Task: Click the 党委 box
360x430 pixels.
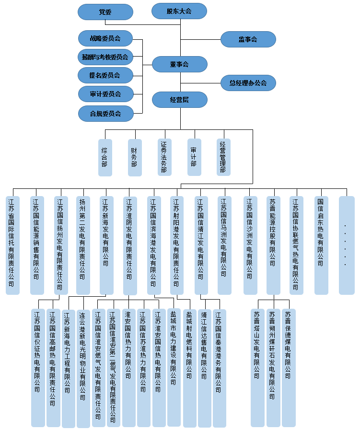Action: pyautogui.click(x=105, y=12)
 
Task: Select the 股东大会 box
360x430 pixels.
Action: pyautogui.click(x=179, y=11)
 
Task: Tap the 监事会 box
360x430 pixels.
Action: pyautogui.click(x=248, y=39)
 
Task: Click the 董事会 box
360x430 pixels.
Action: pyautogui.click(x=179, y=64)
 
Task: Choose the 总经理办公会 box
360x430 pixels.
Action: pyautogui.click(x=248, y=83)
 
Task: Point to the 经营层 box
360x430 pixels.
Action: pyautogui.click(x=179, y=100)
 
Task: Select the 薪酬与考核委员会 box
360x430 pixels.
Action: pyautogui.click(x=105, y=57)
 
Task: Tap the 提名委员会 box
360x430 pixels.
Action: pyautogui.click(x=105, y=75)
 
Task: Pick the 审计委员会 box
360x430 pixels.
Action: pyautogui.click(x=105, y=94)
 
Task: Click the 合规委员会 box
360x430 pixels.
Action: pyautogui.click(x=105, y=114)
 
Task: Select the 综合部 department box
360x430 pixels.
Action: pyautogui.click(x=105, y=157)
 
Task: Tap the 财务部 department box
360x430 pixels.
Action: pyautogui.click(x=135, y=157)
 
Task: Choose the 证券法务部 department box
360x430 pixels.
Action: pyautogui.click(x=164, y=157)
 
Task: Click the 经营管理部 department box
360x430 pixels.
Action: pyautogui.click(x=223, y=157)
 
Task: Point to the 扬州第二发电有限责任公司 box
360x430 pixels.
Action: pyautogui.click(x=83, y=244)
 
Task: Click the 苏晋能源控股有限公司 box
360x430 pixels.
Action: pyautogui.click(x=273, y=244)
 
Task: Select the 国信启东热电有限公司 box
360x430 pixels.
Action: pyautogui.click(x=321, y=244)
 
